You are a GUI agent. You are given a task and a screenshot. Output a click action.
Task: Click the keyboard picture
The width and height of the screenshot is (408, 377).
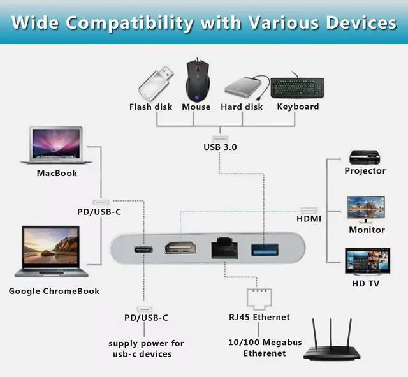[297, 87]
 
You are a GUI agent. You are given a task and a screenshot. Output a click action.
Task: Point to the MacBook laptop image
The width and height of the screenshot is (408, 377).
[56, 145]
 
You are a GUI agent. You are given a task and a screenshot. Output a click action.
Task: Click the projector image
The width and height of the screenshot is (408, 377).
[365, 156]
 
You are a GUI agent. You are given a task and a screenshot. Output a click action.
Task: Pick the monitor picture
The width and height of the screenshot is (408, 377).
[366, 208]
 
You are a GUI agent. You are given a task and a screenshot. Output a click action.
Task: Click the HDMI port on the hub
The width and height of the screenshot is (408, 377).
[180, 247]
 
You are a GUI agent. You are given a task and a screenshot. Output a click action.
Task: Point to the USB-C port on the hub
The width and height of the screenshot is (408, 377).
[141, 248]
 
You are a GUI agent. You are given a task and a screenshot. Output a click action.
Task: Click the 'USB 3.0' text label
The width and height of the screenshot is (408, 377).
[220, 147]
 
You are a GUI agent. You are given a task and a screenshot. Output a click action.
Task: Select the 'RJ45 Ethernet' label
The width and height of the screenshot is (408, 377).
[259, 317]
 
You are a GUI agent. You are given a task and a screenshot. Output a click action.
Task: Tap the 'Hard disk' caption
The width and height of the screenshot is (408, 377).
[242, 107]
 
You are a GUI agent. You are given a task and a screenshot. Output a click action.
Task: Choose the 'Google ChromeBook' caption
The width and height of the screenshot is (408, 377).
[54, 291]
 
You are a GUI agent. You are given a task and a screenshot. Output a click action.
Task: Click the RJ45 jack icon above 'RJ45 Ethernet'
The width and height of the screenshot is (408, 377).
[259, 297]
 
